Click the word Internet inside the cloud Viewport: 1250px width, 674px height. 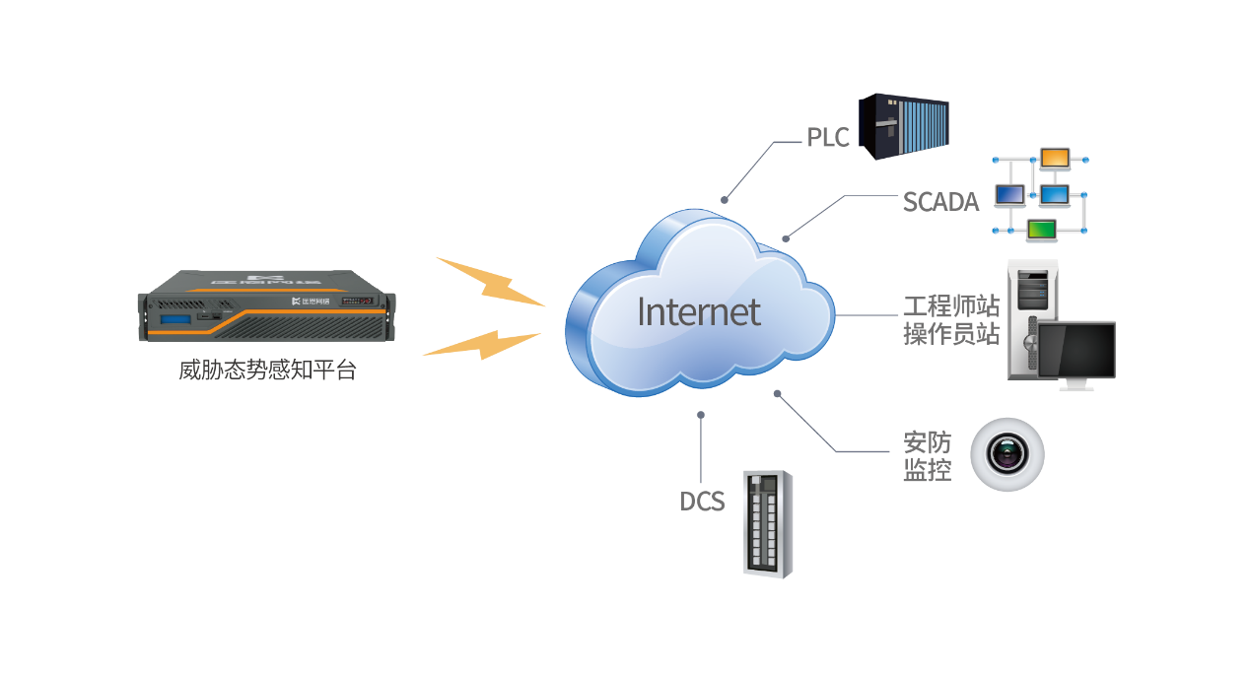698,311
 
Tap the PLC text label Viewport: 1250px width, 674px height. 828,138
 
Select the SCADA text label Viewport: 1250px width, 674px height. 940,202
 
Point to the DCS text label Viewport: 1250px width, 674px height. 702,502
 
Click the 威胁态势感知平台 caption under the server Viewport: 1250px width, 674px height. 267,371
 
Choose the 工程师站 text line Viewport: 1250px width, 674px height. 951,305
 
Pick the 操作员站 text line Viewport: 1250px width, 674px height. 951,334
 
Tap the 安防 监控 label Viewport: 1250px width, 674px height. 928,456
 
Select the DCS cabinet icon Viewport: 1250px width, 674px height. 768,523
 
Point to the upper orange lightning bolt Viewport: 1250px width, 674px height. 490,281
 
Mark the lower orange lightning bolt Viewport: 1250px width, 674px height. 482,343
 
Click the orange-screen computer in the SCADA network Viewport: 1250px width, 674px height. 1055,158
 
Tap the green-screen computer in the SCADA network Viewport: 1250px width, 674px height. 1041,230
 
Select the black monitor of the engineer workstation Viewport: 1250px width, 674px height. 1078,351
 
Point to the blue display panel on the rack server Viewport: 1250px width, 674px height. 169,319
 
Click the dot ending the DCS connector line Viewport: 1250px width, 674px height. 701,415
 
